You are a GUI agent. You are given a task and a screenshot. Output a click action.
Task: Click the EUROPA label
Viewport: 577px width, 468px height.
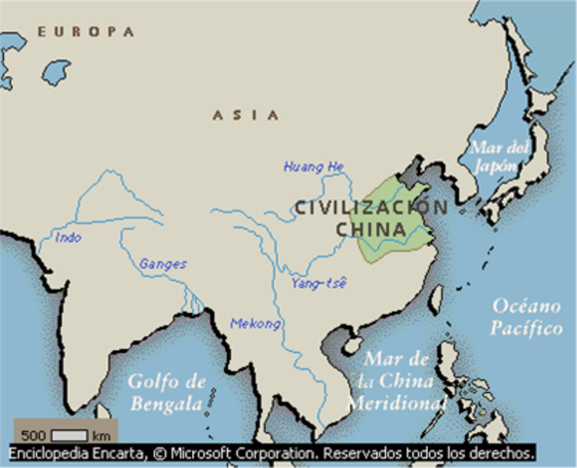pos(86,32)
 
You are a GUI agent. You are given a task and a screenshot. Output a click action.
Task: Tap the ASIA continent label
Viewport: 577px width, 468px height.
pos(245,115)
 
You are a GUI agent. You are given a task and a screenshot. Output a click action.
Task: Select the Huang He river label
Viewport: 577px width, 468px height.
pos(314,167)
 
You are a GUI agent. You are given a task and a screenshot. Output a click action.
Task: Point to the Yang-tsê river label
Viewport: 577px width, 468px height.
pos(319,283)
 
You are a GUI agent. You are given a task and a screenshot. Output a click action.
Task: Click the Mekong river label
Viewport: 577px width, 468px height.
pos(255,324)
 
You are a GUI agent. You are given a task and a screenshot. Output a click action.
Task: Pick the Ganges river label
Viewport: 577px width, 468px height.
pos(163,263)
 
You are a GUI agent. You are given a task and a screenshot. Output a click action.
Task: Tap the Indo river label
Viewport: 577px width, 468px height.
pos(69,237)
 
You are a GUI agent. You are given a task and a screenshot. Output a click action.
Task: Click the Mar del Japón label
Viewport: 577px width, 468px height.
pos(498,156)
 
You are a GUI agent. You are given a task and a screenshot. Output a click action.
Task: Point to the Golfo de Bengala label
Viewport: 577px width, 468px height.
pos(167,392)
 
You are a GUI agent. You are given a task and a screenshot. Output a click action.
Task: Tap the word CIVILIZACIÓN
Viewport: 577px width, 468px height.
pos(371,207)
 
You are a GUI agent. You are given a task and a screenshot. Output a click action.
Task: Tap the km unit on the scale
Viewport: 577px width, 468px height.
pos(100,434)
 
